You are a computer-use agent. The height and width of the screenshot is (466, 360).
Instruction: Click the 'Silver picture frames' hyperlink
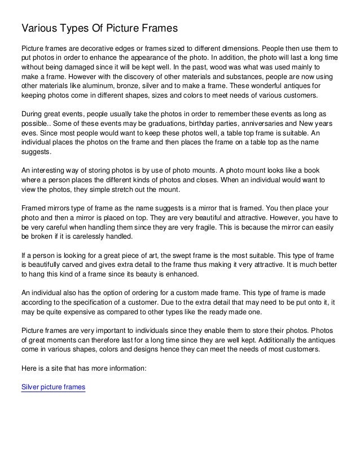pyautogui.click(x=52, y=388)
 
